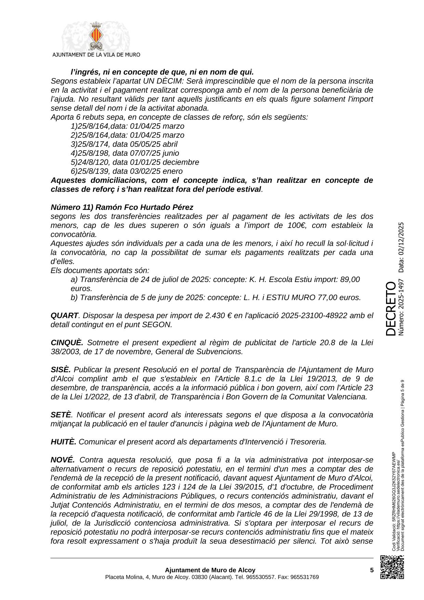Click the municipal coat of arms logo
(x=95, y=37)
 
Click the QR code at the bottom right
(x=392, y=567)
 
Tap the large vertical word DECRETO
(x=390, y=308)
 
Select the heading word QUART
(x=64, y=316)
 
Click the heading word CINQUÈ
(x=67, y=343)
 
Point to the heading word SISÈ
(x=61, y=370)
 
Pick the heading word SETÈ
(x=61, y=415)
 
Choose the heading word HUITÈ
(x=63, y=442)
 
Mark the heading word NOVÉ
(x=62, y=460)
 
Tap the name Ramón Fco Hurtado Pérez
(x=144, y=207)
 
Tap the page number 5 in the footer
(x=372, y=570)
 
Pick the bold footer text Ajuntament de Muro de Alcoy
(x=210, y=570)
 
